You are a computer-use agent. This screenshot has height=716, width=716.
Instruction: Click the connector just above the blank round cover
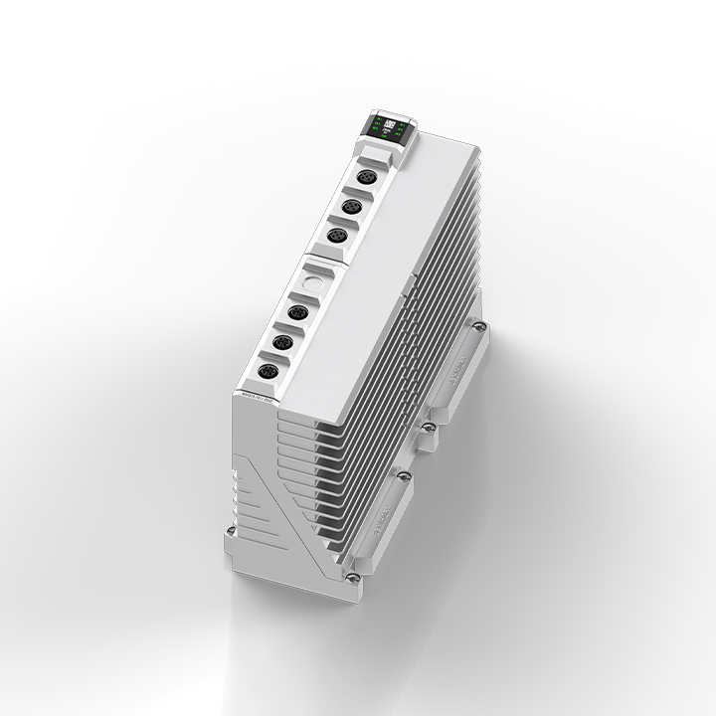(x=336, y=236)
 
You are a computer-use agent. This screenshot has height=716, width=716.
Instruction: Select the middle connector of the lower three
(x=282, y=343)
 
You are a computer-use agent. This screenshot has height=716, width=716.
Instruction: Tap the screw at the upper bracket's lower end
(x=428, y=427)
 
